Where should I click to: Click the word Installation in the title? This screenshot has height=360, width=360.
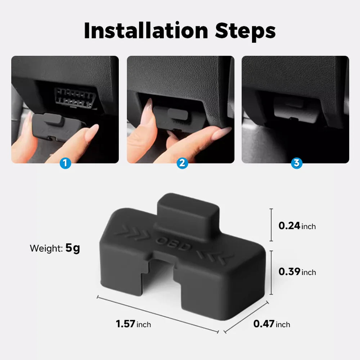(146, 31)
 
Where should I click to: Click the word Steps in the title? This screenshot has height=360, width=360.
(246, 31)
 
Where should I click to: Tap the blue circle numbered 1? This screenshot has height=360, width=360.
(65, 163)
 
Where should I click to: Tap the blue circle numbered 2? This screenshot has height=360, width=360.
(182, 163)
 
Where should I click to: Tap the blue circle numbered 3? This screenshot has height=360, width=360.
(296, 163)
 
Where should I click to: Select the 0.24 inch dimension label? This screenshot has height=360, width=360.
(297, 226)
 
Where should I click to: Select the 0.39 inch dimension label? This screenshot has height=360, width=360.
(297, 271)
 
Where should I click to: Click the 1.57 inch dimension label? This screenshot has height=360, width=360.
(133, 324)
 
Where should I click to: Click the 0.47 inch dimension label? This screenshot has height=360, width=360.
(271, 324)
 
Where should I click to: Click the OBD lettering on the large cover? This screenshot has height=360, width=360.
(173, 244)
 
